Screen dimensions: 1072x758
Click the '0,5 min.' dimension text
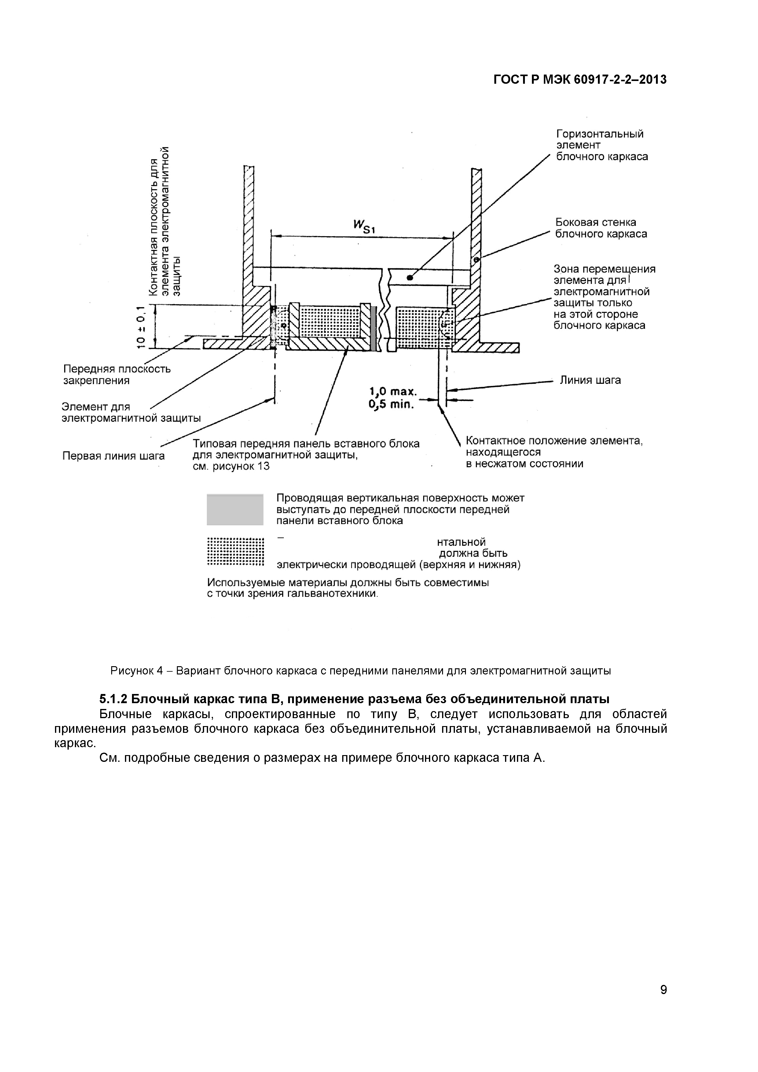point(391,404)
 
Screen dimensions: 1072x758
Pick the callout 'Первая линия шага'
point(113,456)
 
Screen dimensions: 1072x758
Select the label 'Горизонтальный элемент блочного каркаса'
point(602,145)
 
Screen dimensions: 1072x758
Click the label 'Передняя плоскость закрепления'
point(117,374)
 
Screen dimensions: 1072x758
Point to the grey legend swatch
point(235,509)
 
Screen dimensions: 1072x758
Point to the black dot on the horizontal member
point(409,278)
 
